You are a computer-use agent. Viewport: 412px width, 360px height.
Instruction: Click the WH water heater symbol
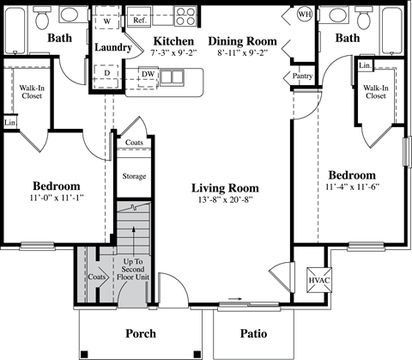[x=303, y=15]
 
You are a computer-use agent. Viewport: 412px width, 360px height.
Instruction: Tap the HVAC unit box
[x=318, y=282]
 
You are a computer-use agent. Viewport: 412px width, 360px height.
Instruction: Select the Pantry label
[x=302, y=76]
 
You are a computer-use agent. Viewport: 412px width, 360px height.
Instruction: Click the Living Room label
[x=225, y=187]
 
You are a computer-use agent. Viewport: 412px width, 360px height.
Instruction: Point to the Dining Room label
[x=242, y=40]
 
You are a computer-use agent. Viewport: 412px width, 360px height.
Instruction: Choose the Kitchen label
[x=172, y=40]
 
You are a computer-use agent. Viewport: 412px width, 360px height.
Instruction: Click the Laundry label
[x=112, y=47]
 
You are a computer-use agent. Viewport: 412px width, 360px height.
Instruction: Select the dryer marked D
[x=106, y=73]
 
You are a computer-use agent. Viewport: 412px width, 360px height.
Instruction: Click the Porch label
[x=140, y=333]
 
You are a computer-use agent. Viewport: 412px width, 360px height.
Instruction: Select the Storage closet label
[x=134, y=176]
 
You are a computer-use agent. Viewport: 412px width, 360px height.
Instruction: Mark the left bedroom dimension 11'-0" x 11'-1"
[x=57, y=200]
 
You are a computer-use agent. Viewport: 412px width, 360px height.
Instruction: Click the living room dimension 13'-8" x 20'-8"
[x=225, y=200]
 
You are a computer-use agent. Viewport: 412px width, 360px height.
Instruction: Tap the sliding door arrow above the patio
[x=234, y=300]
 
